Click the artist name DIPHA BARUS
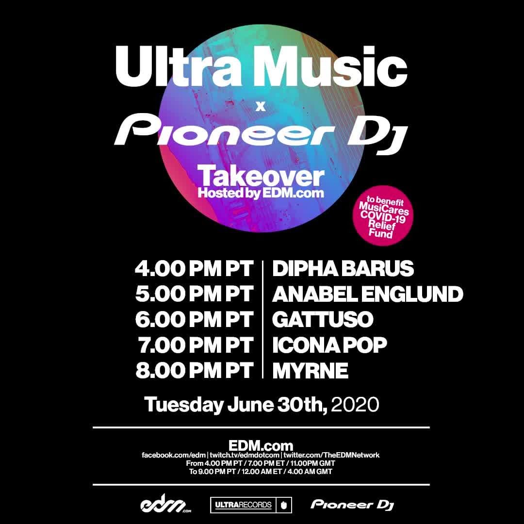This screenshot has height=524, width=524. pyautogui.click(x=343, y=269)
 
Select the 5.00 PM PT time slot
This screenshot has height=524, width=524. pyautogui.click(x=194, y=294)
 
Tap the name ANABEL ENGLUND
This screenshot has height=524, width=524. pyautogui.click(x=368, y=294)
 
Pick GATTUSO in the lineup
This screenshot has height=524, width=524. pyautogui.click(x=323, y=319)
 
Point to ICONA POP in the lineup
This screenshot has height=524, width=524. pyautogui.click(x=329, y=345)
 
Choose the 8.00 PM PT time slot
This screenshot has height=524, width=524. pyautogui.click(x=194, y=370)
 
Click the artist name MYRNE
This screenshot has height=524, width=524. pyautogui.click(x=310, y=370)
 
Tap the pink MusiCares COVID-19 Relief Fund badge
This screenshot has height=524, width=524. pyautogui.click(x=384, y=215)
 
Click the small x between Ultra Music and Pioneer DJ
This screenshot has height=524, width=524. pyautogui.click(x=261, y=107)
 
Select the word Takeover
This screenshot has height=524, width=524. pyautogui.click(x=261, y=177)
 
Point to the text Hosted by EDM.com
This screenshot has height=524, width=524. pyautogui.click(x=261, y=193)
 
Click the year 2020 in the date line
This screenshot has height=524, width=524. pyautogui.click(x=355, y=404)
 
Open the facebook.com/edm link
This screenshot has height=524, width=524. pyautogui.click(x=174, y=455)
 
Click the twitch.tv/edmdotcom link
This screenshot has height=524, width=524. pyautogui.click(x=245, y=455)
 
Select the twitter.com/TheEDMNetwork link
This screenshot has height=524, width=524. pyautogui.click(x=331, y=455)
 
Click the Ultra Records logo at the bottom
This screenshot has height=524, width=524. pyautogui.click(x=251, y=505)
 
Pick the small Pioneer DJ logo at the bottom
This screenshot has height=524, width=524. pyautogui.click(x=352, y=505)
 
